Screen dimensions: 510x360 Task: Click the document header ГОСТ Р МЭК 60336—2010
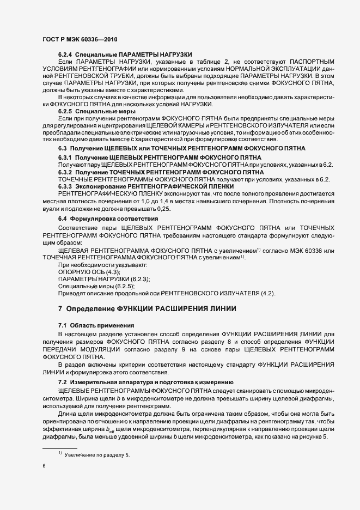pyautogui.click(x=80, y=40)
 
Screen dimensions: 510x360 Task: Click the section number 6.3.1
pyautogui.click(x=66, y=157)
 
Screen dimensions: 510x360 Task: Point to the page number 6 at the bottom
pyautogui.click(x=44, y=466)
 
